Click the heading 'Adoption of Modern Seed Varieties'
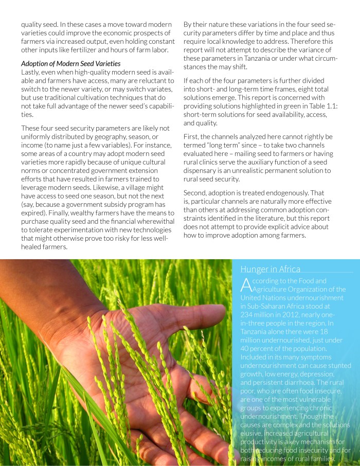coord(71,63)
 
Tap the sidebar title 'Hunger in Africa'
coord(270,269)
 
